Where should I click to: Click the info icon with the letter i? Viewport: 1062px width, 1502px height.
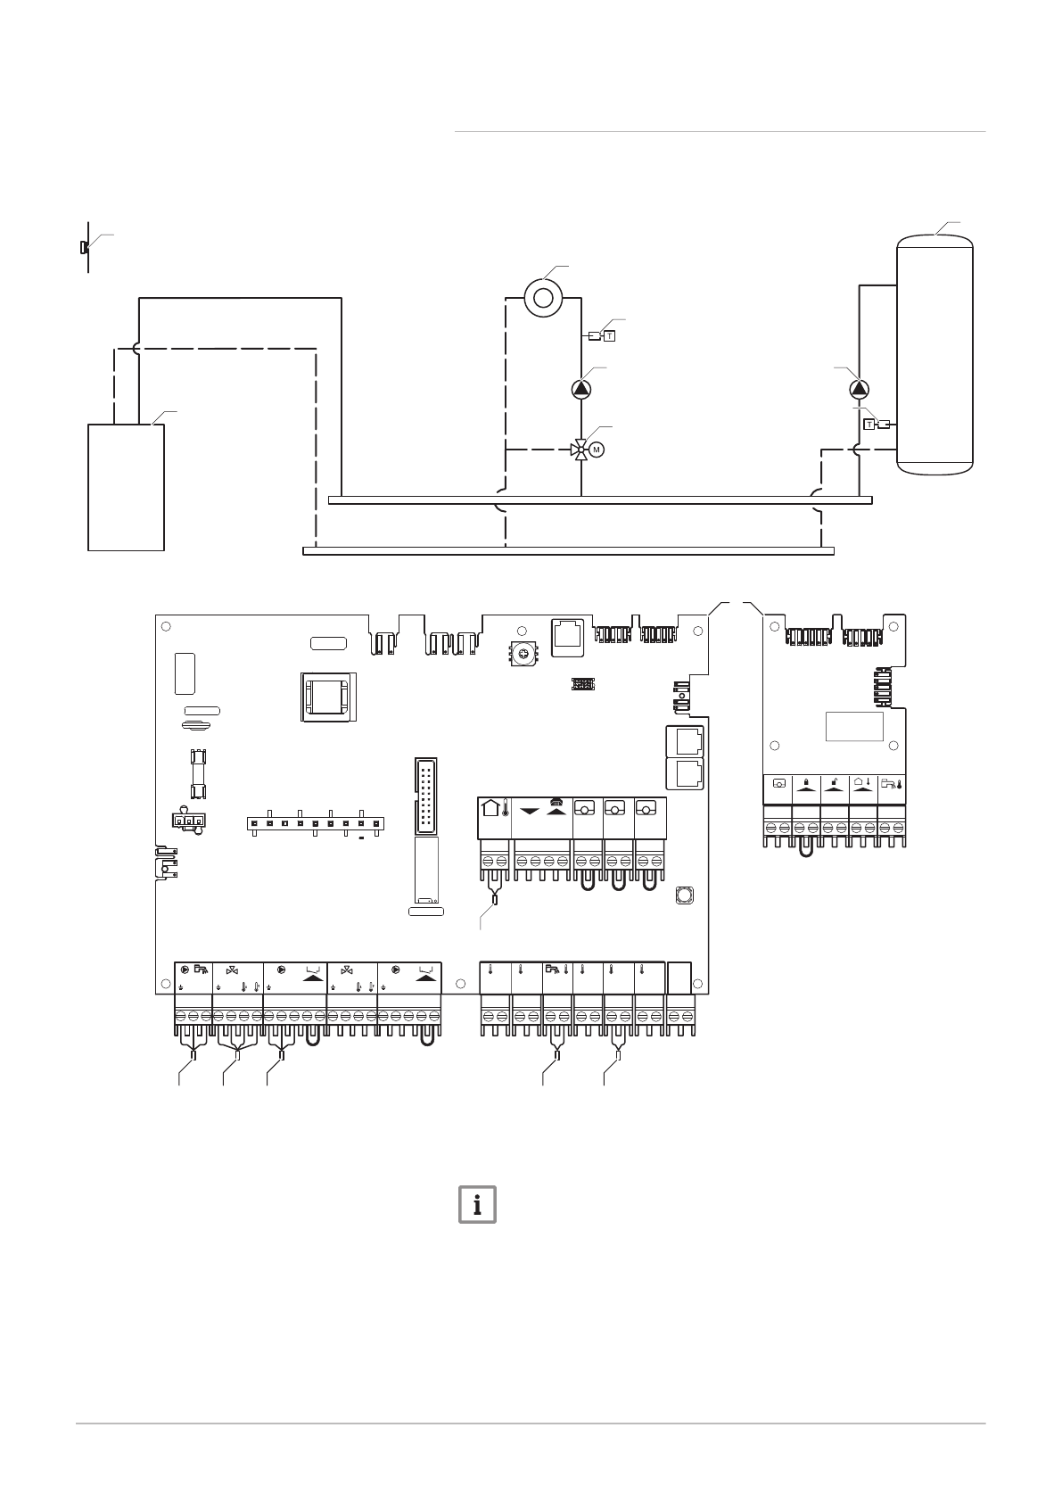477,1204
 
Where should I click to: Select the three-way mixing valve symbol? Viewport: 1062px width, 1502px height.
580,449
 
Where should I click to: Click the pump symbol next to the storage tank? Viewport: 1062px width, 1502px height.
859,390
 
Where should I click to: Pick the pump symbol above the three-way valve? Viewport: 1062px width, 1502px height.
581,389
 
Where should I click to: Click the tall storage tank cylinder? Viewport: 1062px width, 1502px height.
934,352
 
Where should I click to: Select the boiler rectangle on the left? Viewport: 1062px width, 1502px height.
126,487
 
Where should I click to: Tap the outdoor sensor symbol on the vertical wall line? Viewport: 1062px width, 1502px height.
83,246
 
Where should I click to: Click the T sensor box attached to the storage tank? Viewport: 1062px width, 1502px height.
869,424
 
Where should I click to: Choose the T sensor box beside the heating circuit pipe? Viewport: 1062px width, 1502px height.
610,336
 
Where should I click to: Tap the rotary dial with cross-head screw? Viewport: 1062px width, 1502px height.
524,655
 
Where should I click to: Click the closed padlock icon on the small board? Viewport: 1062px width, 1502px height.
805,783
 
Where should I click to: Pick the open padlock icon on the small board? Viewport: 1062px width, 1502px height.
834,783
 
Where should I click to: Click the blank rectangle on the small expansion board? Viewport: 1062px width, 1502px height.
853,725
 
